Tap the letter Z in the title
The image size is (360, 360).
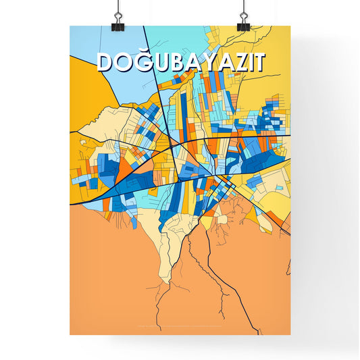tap(242, 62)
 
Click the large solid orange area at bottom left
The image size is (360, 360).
tap(108, 284)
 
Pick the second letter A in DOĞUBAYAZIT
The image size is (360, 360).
tap(226, 62)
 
